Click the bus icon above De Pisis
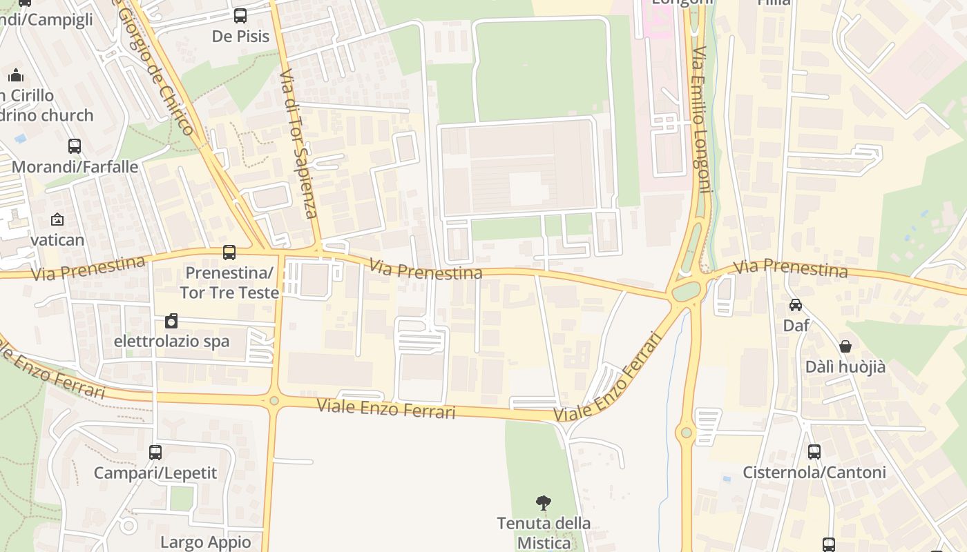(x=240, y=15)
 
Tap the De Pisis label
(x=240, y=37)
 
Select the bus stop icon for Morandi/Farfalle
(x=75, y=146)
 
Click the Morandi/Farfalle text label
(x=75, y=167)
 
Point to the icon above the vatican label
(x=57, y=219)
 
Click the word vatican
(x=57, y=240)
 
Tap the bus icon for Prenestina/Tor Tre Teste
(x=229, y=253)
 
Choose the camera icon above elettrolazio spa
(x=171, y=321)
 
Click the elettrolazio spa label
(x=171, y=342)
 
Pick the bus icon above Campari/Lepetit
(x=155, y=452)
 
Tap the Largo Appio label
(x=206, y=542)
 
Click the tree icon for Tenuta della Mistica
(x=544, y=502)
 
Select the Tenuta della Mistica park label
(x=544, y=533)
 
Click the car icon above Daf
(x=796, y=304)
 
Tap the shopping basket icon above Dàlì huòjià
(x=845, y=346)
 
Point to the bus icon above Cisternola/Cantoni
(x=814, y=452)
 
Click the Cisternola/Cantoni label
(x=814, y=473)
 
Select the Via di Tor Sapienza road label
(x=299, y=144)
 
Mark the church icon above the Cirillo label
(x=16, y=75)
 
